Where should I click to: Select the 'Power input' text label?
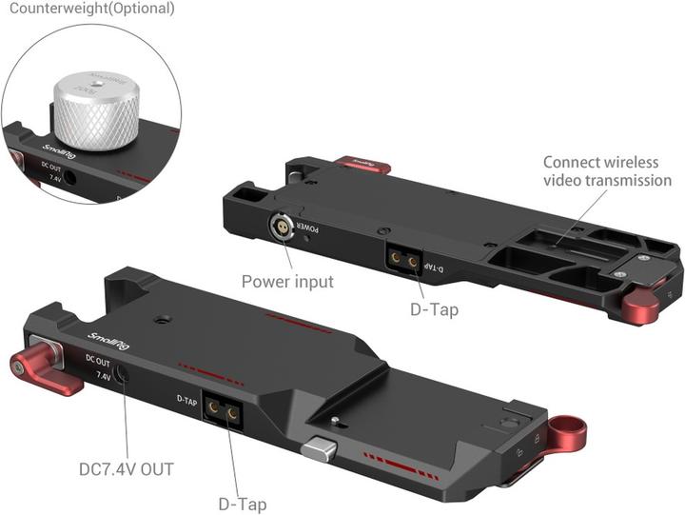287,281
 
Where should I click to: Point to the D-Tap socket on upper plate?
402,259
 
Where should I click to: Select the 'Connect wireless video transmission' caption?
607,171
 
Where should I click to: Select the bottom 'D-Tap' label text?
242,504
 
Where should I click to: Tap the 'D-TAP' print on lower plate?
187,399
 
